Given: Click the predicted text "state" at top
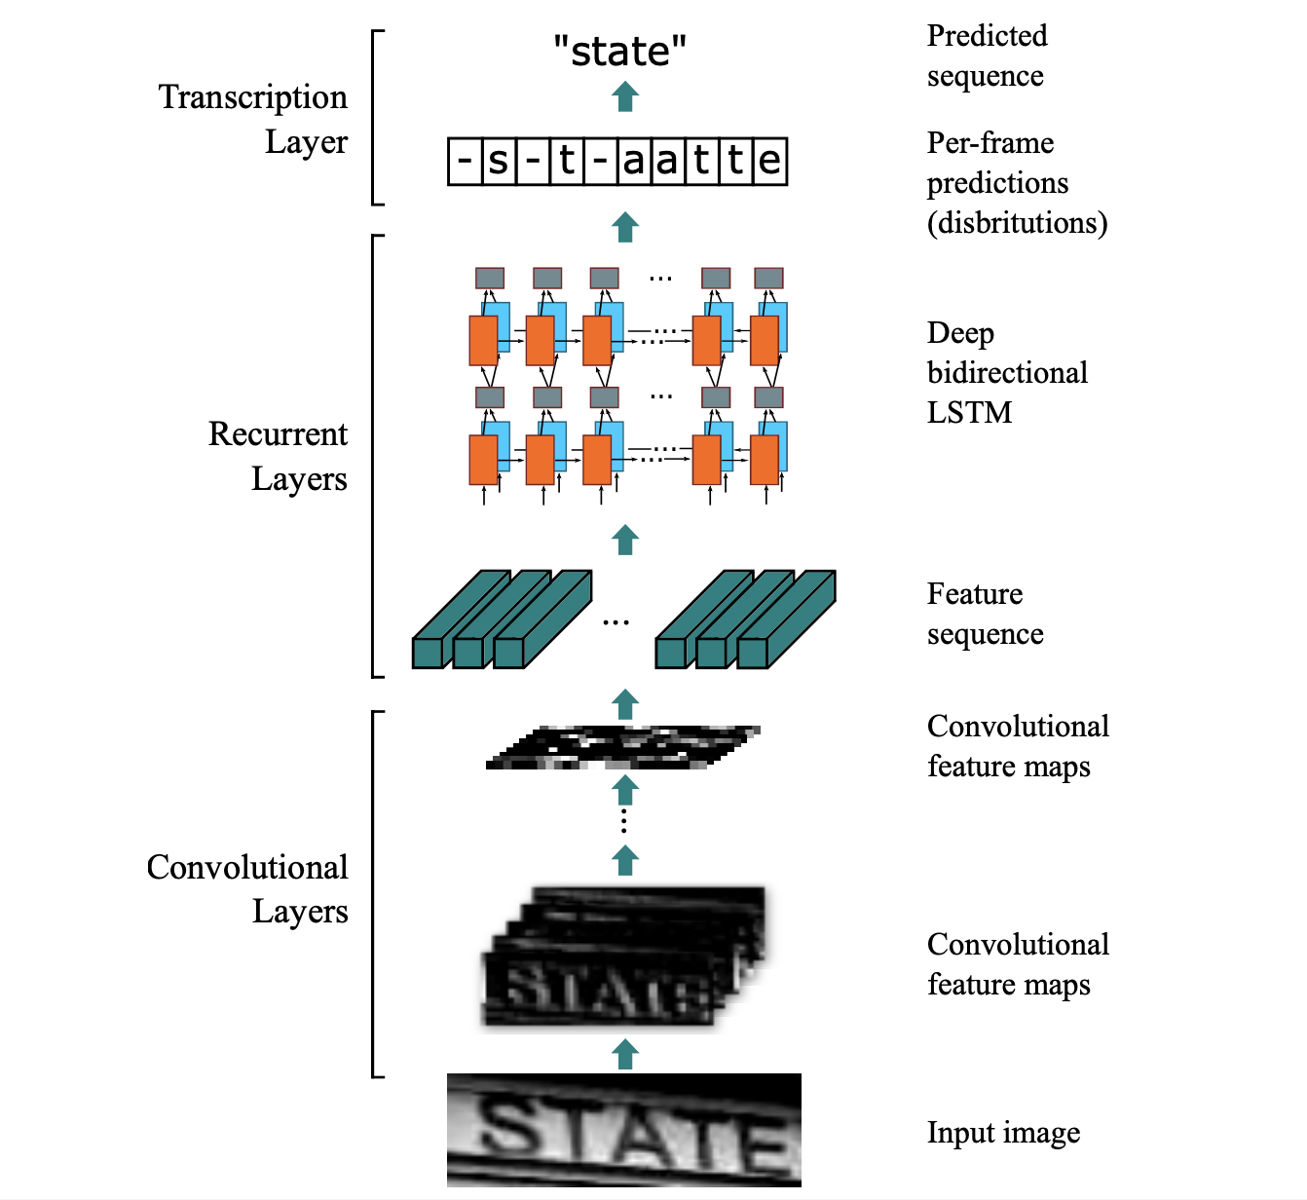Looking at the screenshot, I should click(619, 51).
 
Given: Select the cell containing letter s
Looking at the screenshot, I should click(498, 161).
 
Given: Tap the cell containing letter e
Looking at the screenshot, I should click(769, 161).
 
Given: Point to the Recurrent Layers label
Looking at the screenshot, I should click(279, 456).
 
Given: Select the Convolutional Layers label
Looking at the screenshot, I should click(248, 889).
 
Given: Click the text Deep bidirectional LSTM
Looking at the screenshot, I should click(1007, 373).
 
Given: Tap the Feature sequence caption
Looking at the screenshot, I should click(985, 614).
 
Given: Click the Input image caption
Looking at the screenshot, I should click(1003, 1133).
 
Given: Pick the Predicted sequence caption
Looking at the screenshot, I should click(987, 56).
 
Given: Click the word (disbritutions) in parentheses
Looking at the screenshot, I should click(1017, 223).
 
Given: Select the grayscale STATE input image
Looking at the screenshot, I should click(623, 1130).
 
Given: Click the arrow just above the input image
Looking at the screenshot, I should click(625, 1054).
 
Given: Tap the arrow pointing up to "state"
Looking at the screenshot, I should click(625, 96).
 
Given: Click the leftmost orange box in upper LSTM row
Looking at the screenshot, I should click(483, 340).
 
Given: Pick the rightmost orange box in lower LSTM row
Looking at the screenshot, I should click(764, 460).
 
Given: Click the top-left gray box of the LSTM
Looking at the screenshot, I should click(490, 279).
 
